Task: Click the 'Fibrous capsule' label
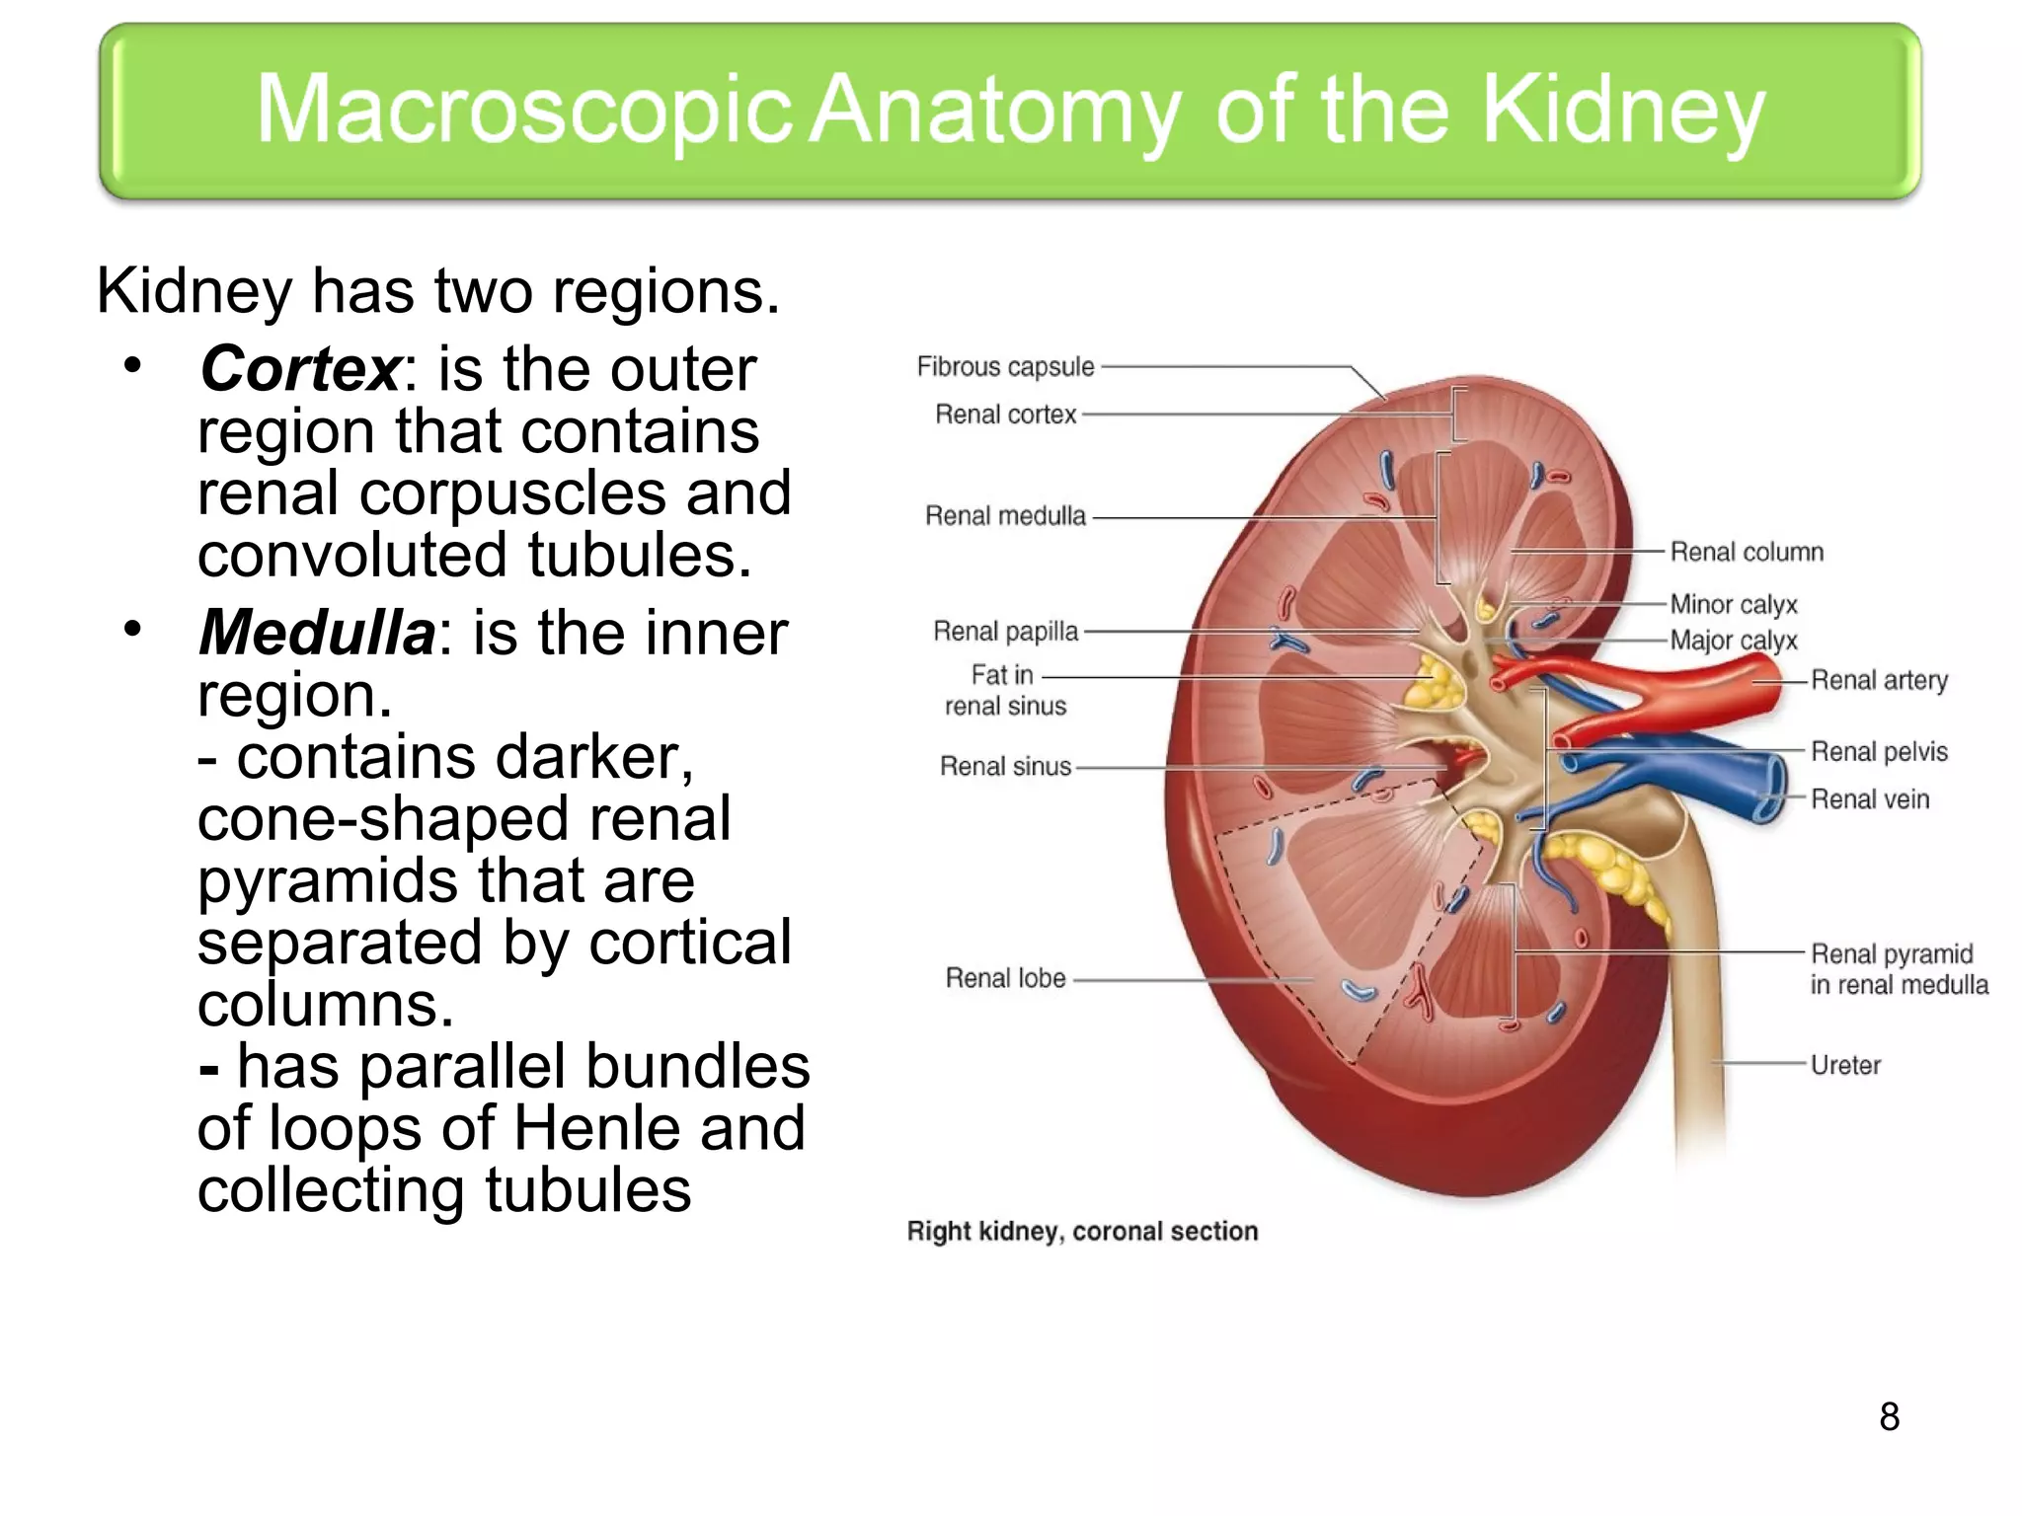click(x=1005, y=367)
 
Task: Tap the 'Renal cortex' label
click(x=1005, y=415)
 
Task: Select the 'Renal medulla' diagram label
click(x=1005, y=516)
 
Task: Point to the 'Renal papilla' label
click(x=1005, y=632)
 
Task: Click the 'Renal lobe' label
click(x=1005, y=978)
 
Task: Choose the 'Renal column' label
click(x=1746, y=552)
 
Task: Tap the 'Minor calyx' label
click(x=1733, y=604)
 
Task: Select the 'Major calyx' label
click(x=1733, y=641)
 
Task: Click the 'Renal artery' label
click(x=1878, y=680)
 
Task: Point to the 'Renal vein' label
click(x=1869, y=799)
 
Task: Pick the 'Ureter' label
click(x=1844, y=1065)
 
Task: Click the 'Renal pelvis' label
click(x=1878, y=752)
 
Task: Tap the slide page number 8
click(x=1889, y=1417)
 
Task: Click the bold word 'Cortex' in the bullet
click(x=299, y=369)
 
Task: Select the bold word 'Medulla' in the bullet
click(x=316, y=633)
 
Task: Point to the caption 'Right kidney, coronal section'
click(x=1082, y=1232)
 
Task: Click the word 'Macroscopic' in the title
click(x=523, y=111)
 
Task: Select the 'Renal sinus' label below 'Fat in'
click(x=1005, y=767)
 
